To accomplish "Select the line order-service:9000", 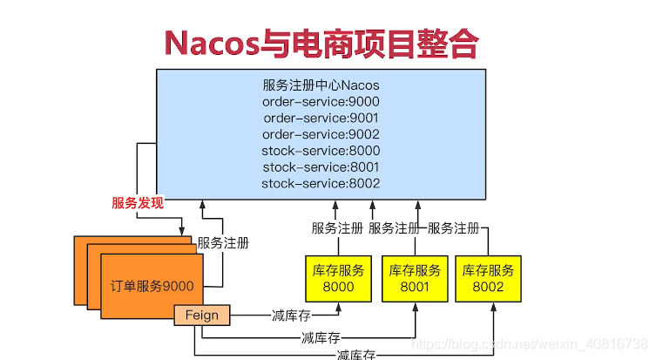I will (321, 102).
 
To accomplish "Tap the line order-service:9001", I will (321, 118).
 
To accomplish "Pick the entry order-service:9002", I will (321, 134).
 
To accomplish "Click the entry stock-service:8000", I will (321, 151).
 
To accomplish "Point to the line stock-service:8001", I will (321, 166).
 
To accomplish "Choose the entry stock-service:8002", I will (321, 183).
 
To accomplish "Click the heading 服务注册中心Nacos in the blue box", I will (321, 85).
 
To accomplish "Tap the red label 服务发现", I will (137, 203).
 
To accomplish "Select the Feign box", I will (202, 315).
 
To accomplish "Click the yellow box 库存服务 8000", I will (340, 278).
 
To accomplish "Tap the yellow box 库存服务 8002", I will (488, 278).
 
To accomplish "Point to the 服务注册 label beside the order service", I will (222, 243).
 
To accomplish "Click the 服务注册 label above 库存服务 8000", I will (338, 228).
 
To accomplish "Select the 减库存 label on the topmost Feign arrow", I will (292, 315).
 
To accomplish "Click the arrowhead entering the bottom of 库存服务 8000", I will (340, 307).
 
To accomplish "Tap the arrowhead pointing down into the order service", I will (181, 232).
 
